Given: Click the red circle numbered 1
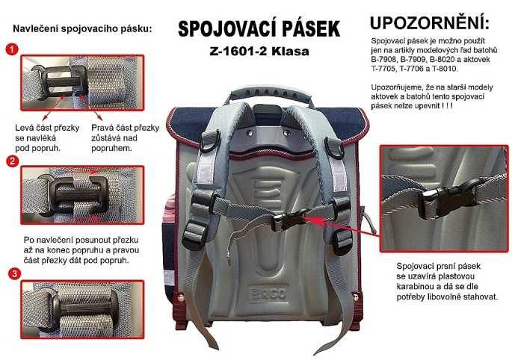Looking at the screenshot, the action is [12, 49].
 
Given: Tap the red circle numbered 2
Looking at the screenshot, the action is [13, 161].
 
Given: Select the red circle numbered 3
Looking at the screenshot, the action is [14, 273].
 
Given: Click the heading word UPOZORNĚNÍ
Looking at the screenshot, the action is [430, 23].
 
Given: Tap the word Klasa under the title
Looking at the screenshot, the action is [290, 52].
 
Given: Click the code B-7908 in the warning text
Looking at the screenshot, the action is [383, 60].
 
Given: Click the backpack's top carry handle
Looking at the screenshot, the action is [270, 93].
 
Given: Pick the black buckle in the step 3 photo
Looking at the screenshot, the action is [83, 308].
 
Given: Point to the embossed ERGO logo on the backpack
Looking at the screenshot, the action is [268, 294].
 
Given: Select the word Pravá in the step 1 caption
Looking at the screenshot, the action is [102, 128].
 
